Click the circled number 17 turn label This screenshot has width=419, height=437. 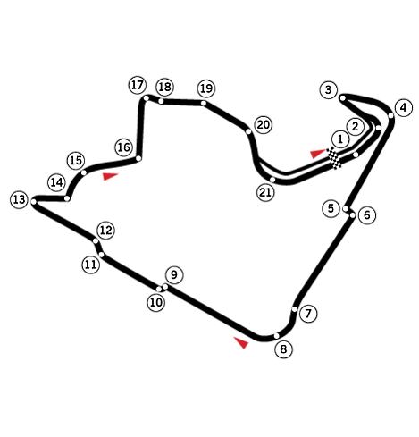(x=138, y=85)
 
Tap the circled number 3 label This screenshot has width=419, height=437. (x=329, y=89)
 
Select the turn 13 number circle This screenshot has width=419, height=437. (x=20, y=199)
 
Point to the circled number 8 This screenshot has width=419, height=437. (x=283, y=349)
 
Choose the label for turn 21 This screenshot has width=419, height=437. (x=265, y=192)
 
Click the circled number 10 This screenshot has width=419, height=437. (x=156, y=303)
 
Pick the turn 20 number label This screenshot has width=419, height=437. (x=264, y=125)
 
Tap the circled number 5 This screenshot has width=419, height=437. (x=331, y=208)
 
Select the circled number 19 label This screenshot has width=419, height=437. (x=206, y=88)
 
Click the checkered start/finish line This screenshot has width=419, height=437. (x=334, y=158)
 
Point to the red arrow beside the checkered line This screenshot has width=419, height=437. (x=318, y=154)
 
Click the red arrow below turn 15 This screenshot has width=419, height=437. (x=111, y=176)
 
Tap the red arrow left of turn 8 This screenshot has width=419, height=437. (x=241, y=342)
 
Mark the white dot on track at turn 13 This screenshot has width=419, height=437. (x=34, y=202)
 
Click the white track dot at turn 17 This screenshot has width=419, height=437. (x=147, y=98)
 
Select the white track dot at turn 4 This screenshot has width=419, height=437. (x=391, y=115)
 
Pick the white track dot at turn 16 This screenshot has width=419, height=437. (x=138, y=158)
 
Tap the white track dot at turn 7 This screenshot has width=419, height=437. (x=295, y=309)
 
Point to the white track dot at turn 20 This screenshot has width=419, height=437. (x=248, y=131)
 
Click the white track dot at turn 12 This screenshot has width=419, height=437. (x=96, y=240)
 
